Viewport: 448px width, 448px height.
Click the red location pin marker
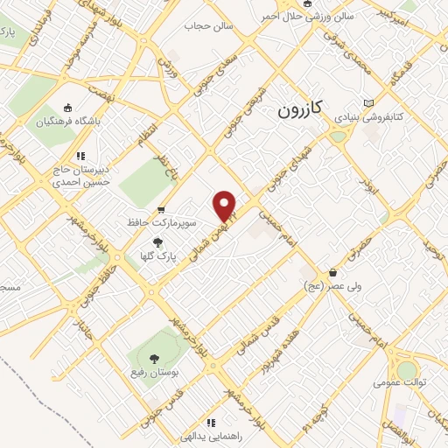225,206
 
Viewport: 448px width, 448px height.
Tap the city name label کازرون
300,109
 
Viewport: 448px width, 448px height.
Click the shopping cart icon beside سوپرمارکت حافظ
161,210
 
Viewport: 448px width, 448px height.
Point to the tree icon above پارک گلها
158,242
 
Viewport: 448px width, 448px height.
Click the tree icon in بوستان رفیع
154,357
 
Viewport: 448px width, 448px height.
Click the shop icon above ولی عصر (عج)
332,272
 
